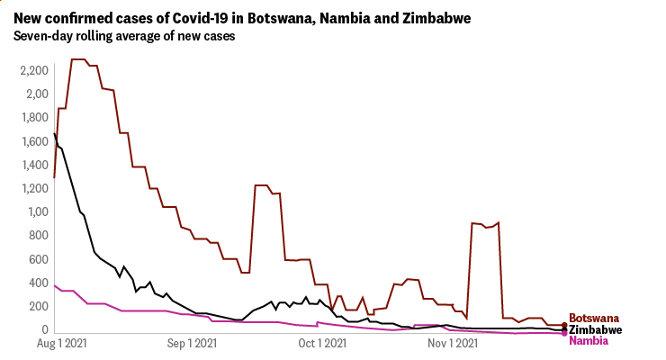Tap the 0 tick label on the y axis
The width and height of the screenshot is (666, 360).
click(x=42, y=330)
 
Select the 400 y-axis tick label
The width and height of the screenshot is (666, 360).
click(x=37, y=283)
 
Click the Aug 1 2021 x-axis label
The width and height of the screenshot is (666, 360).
click(x=68, y=343)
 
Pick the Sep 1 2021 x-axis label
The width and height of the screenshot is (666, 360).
click(x=193, y=343)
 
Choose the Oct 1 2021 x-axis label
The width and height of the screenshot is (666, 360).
click(x=322, y=343)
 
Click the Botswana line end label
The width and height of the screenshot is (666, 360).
click(x=595, y=319)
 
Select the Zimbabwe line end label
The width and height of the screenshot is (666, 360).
click(x=597, y=329)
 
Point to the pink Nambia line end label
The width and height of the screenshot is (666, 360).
click(x=589, y=340)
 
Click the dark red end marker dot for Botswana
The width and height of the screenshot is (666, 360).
click(x=564, y=326)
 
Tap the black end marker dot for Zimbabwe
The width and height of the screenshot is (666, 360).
click(x=564, y=330)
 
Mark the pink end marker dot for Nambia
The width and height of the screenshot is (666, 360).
click(x=564, y=334)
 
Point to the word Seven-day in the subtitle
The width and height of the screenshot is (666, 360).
click(x=43, y=37)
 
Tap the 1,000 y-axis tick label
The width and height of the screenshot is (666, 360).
click(x=32, y=212)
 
